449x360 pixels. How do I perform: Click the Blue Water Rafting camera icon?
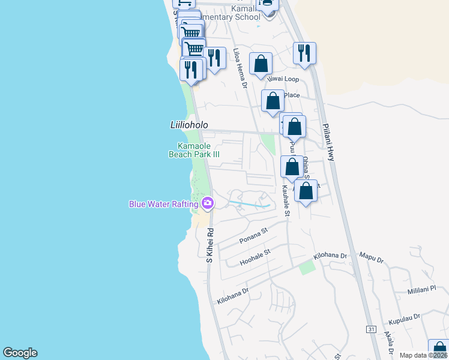click(208, 203)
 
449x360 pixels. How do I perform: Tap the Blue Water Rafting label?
click(164, 204)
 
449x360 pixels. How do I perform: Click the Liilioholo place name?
click(188, 125)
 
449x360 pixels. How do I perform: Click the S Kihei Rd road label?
click(209, 245)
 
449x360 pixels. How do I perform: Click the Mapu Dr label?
click(371, 258)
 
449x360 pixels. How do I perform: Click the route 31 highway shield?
click(371, 329)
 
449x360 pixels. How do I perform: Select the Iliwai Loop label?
click(284, 79)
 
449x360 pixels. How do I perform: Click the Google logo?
click(20, 353)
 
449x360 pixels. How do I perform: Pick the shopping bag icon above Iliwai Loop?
click(261, 64)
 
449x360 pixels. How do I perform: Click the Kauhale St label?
click(286, 200)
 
